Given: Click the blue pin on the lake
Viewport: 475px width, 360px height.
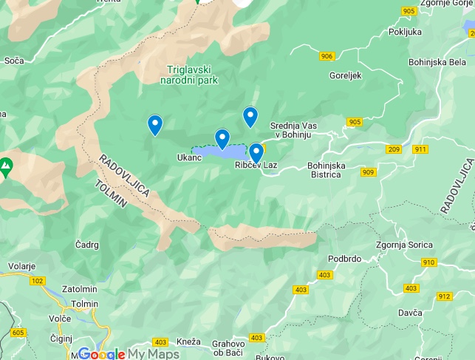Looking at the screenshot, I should pos(222,138).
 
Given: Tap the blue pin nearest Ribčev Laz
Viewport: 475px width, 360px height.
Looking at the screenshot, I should pos(256,152).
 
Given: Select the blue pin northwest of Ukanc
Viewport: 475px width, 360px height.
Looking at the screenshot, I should pos(154,125).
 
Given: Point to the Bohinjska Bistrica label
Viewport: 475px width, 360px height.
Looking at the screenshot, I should pos(327,170).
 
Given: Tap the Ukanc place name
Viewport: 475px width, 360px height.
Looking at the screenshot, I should pos(189,157).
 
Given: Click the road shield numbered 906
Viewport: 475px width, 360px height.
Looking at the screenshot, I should pos(327,57).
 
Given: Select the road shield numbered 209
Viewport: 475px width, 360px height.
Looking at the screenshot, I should pos(393,149).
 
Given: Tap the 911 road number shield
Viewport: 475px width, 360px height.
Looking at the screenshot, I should pos(420,149).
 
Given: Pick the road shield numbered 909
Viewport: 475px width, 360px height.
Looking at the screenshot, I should pos(368,172).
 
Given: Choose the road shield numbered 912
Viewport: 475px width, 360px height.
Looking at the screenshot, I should pos(443,296).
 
